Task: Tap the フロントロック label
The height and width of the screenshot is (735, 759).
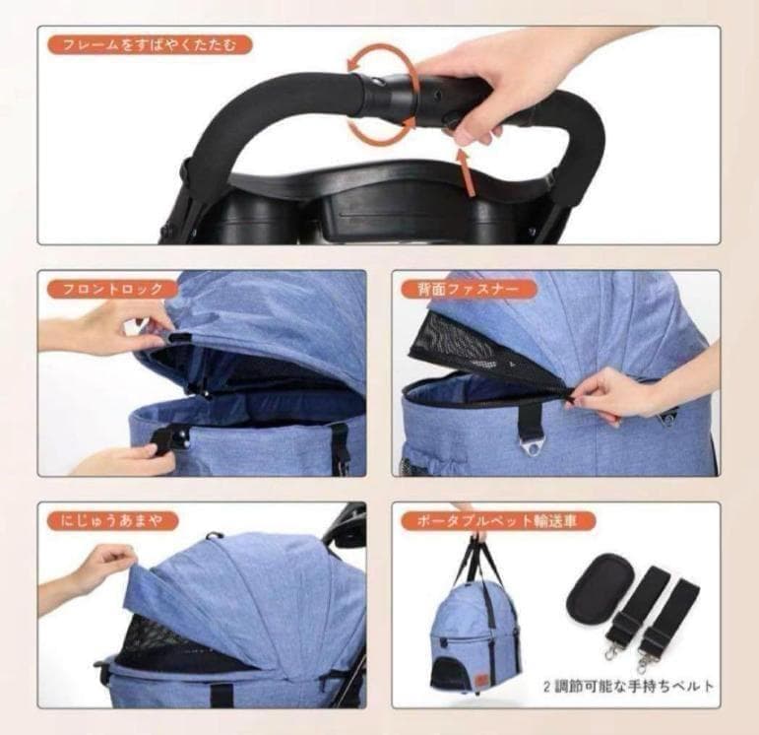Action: tap(112, 290)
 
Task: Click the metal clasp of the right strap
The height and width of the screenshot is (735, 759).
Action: tap(649, 654)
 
